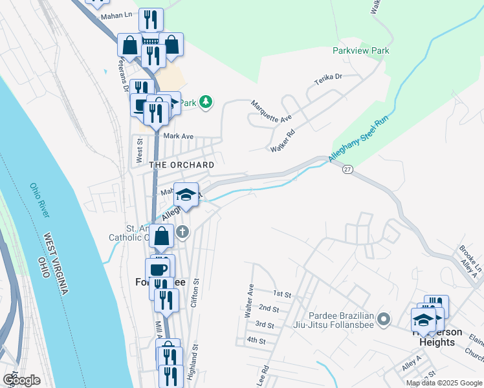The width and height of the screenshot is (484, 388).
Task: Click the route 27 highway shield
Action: (x=347, y=169)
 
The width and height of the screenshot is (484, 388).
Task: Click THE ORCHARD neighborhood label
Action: (x=182, y=165)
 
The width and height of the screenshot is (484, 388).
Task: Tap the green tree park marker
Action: (x=206, y=102)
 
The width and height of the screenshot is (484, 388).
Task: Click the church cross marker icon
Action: (x=183, y=231)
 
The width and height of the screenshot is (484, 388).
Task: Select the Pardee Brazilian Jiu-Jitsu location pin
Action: (x=384, y=319)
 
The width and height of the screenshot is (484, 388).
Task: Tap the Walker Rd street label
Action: (x=283, y=140)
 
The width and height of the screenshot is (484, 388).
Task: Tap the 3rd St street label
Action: (x=265, y=324)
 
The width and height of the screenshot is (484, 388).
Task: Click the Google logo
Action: (x=22, y=380)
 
